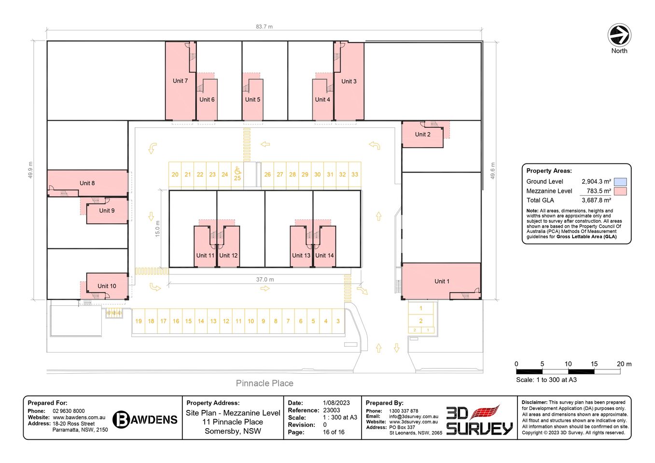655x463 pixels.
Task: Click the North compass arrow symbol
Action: [619, 35]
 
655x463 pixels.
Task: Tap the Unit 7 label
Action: [180, 81]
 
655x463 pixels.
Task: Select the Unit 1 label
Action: [442, 281]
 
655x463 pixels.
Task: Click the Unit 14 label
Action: [324, 256]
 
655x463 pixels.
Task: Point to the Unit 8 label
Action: [87, 183]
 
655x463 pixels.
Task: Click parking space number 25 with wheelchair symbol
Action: [237, 174]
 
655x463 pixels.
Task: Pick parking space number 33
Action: [355, 175]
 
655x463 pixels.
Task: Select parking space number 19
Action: [139, 321]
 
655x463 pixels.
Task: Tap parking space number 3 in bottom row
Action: [338, 321]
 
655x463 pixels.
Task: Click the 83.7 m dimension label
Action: [264, 27]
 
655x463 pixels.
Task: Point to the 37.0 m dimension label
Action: [265, 280]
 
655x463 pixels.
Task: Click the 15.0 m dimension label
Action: [157, 229]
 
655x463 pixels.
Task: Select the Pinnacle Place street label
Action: [265, 383]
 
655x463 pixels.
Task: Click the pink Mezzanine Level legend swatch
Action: [620, 191]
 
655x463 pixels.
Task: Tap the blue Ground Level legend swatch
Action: [620, 182]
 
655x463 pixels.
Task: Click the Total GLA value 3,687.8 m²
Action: [596, 200]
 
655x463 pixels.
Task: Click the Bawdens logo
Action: [145, 420]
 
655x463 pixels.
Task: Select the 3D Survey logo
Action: [479, 421]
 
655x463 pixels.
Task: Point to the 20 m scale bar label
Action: [624, 364]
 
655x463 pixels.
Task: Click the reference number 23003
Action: [332, 410]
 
